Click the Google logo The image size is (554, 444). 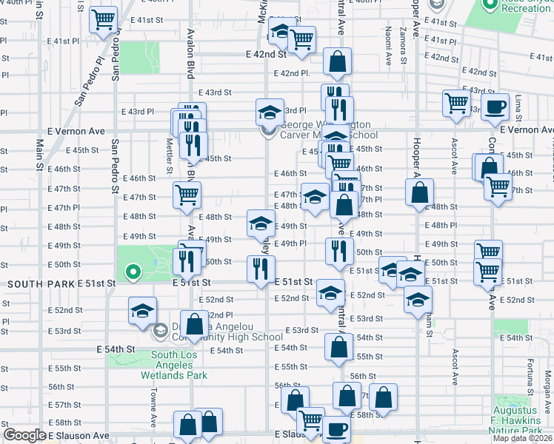[x=24, y=435]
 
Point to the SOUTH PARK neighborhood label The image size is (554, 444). [x=40, y=284]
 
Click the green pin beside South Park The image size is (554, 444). [x=133, y=273]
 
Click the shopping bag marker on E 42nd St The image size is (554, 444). [x=337, y=64]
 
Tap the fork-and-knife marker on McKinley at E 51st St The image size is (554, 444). [x=261, y=269]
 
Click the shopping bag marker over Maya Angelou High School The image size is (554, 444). [x=194, y=326]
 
